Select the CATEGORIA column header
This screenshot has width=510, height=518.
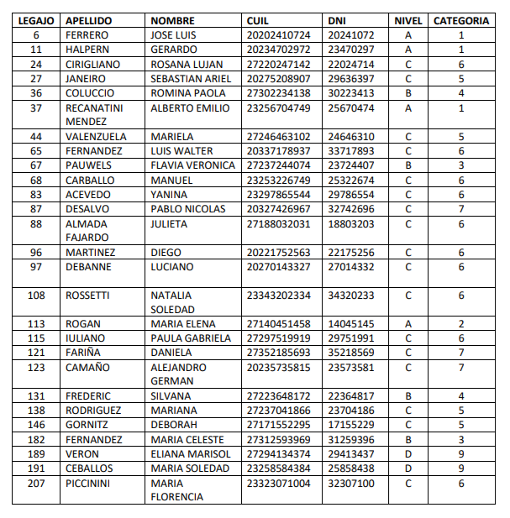(461, 20)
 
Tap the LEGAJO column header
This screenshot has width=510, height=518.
(35, 20)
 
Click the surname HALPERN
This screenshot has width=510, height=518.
(88, 50)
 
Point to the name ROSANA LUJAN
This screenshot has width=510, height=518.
(187, 64)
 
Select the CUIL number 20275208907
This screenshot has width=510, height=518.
(279, 78)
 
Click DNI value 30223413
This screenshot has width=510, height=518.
(351, 93)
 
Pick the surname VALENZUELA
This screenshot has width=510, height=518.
(96, 136)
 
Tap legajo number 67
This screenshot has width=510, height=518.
(35, 165)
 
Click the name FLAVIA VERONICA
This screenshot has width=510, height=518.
(193, 165)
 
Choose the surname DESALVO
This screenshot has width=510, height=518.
(87, 208)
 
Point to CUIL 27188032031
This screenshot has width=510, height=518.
(279, 223)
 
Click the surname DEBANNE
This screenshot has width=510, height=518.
(87, 266)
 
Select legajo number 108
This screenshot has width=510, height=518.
(35, 295)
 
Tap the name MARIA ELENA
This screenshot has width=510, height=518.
(183, 323)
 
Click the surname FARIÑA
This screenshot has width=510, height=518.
(83, 353)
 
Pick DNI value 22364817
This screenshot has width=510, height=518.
(351, 395)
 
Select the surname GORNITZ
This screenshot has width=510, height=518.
(87, 425)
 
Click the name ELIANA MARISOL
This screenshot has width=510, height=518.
(190, 453)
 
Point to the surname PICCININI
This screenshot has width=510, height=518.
(90, 483)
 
